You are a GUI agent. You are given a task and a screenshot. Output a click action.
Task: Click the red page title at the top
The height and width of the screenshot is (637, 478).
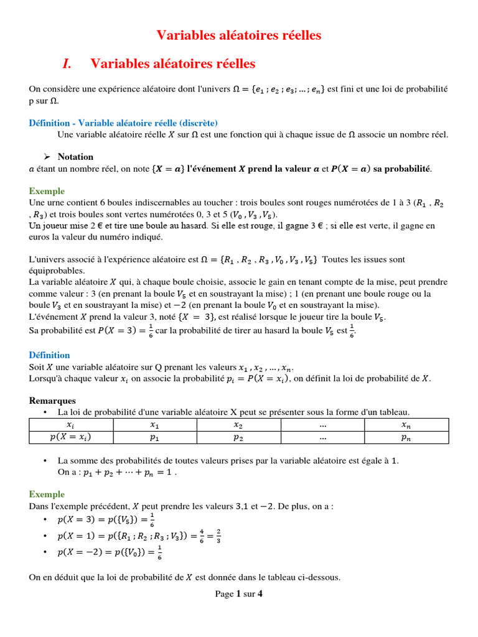[238, 35]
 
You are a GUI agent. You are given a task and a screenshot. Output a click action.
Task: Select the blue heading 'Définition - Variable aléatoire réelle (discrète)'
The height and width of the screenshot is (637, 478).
[123, 123]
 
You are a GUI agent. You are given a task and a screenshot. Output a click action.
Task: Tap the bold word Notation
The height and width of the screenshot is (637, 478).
[75, 157]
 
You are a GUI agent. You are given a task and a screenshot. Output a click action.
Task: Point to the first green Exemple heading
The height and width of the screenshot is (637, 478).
[47, 191]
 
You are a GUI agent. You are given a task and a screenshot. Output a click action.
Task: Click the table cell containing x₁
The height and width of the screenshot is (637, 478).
[154, 424]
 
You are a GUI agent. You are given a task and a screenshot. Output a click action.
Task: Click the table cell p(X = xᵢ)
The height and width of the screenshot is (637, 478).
[70, 437]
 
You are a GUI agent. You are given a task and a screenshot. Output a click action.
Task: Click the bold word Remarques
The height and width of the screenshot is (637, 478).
[52, 401]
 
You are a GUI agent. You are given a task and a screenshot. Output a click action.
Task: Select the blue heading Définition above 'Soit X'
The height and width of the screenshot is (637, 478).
[49, 355]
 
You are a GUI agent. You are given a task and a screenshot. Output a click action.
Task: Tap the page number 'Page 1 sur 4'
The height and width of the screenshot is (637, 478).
[238, 594]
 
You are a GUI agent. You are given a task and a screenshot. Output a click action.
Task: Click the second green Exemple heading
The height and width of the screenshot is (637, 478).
[47, 494]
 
